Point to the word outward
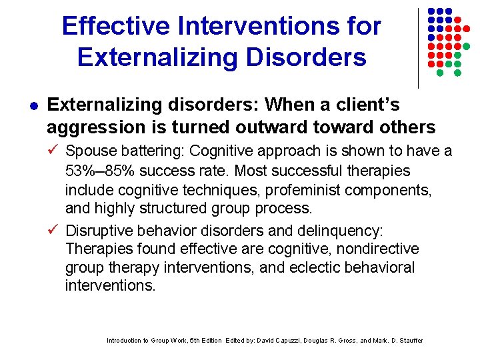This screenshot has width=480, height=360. tap(282, 127)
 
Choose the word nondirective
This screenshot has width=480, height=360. tap(377, 249)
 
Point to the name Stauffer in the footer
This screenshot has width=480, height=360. tap(407, 341)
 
